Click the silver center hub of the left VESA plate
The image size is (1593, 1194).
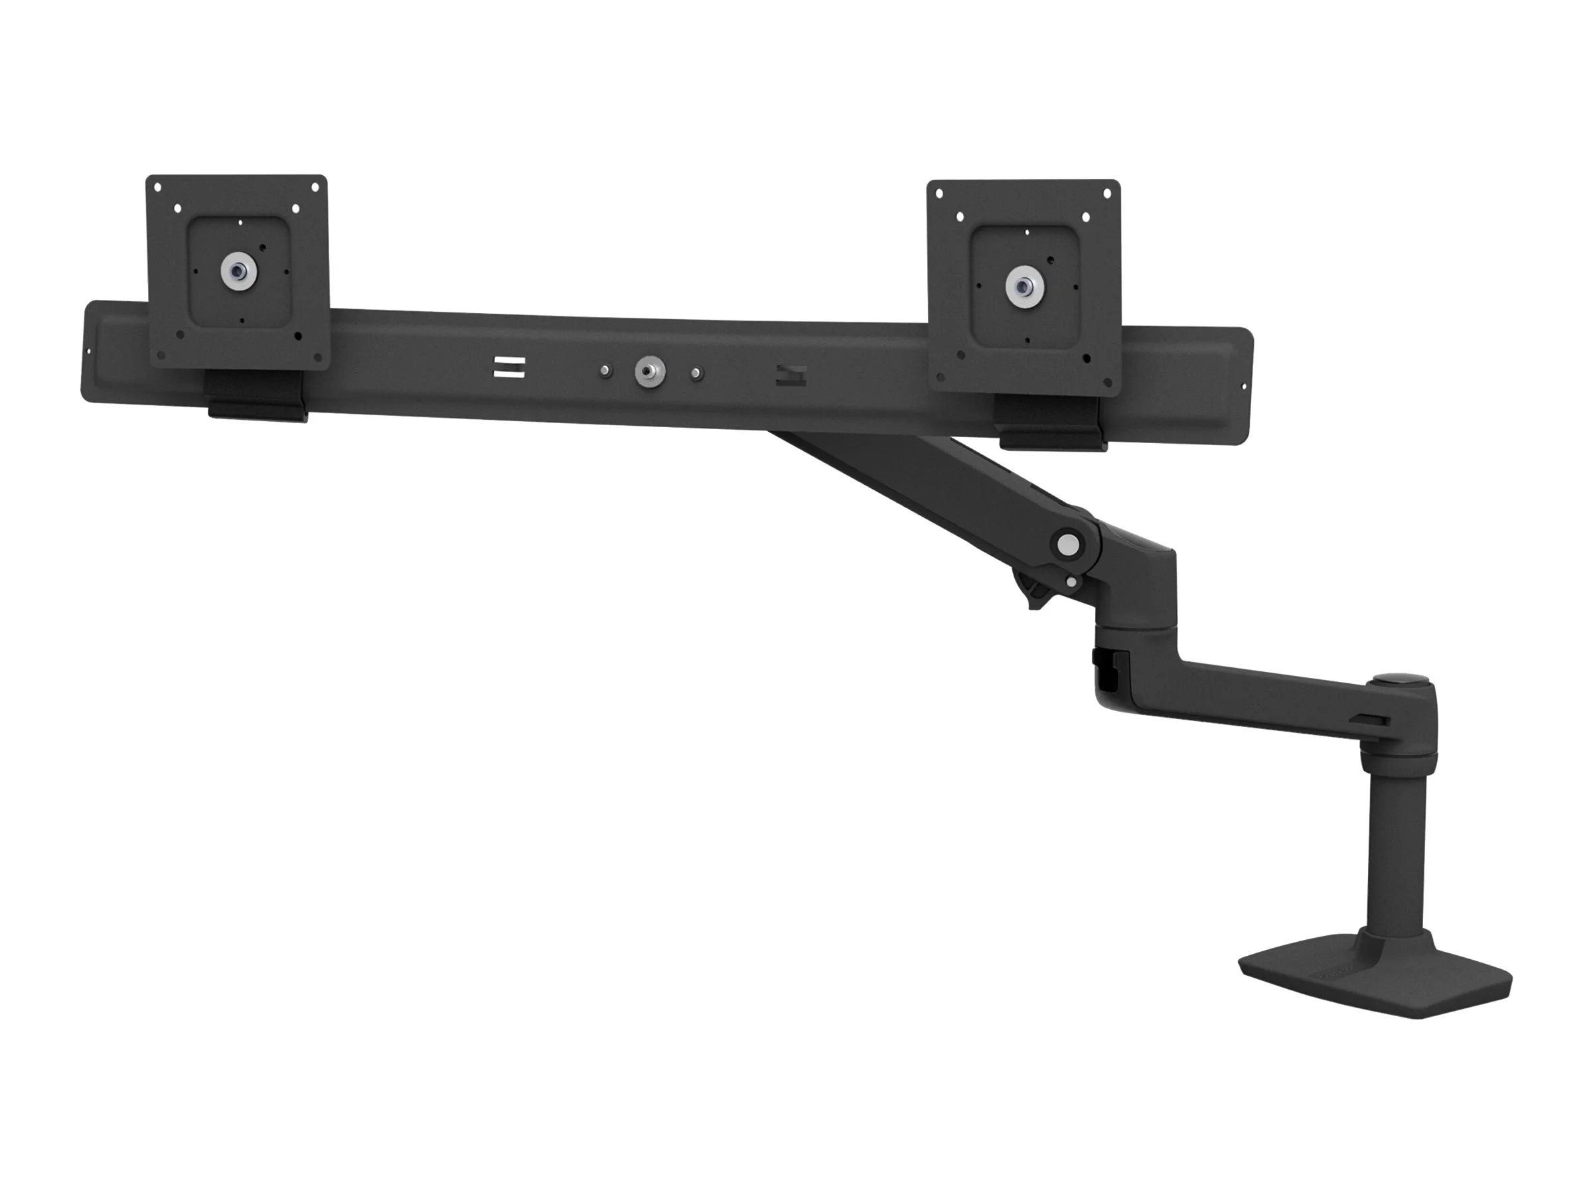238,272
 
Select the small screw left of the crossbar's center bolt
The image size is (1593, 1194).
605,371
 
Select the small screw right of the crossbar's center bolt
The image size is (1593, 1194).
696,374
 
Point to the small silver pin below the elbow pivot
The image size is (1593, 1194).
1074,582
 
